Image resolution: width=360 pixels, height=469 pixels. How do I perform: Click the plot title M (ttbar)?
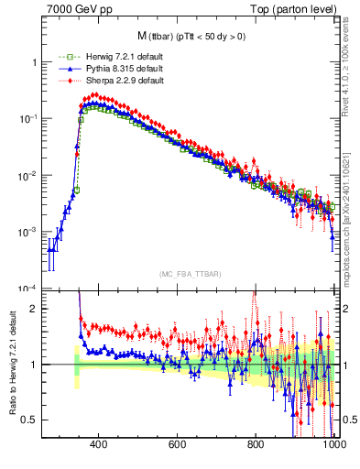pyautogui.click(x=189, y=37)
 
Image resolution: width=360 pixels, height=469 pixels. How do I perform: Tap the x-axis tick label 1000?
pyautogui.click(x=333, y=446)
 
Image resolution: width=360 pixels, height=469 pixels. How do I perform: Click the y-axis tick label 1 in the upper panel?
pyautogui.click(x=34, y=62)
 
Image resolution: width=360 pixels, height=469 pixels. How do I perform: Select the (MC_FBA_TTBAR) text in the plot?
pyautogui.click(x=189, y=274)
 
